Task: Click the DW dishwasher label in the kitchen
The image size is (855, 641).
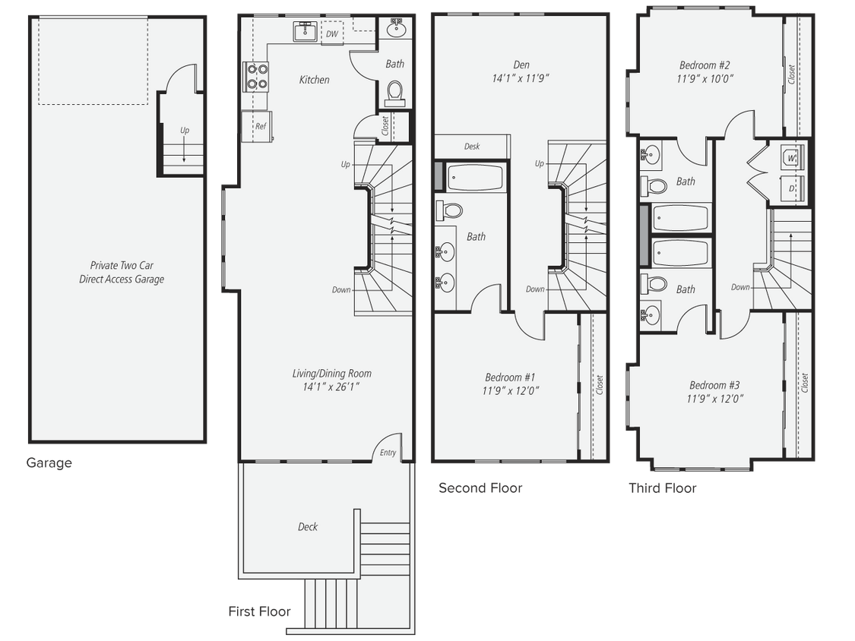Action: tap(332, 33)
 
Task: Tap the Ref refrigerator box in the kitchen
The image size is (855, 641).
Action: tap(260, 126)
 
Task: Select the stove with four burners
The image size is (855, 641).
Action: tap(256, 76)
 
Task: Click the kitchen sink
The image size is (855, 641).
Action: tap(306, 32)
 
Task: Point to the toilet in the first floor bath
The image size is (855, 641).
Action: tap(394, 93)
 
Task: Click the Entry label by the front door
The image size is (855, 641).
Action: tap(388, 453)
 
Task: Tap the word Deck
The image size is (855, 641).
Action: tap(308, 527)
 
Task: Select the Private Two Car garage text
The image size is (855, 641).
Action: tap(122, 265)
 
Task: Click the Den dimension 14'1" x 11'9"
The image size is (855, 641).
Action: tap(521, 78)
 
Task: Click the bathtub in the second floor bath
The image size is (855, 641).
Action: tap(475, 178)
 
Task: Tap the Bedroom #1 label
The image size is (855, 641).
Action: tap(510, 377)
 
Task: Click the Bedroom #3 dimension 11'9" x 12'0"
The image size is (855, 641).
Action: tap(714, 398)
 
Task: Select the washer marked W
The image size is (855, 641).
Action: tap(791, 158)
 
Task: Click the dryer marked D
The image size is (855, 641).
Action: tap(791, 187)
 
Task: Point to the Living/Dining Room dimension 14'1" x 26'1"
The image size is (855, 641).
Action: tap(332, 387)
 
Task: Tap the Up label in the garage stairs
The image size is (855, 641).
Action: tap(185, 131)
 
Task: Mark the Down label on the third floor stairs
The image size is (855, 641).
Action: tap(741, 287)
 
